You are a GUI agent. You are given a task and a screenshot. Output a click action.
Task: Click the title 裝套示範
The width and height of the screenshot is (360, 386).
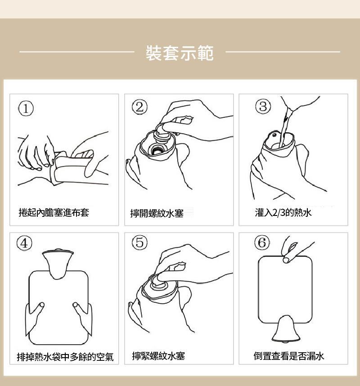[x=180, y=53]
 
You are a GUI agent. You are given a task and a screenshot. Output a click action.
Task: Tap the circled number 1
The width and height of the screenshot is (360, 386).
[x=26, y=108]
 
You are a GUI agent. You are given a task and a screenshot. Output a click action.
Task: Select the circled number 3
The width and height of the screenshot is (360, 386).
[x=263, y=107]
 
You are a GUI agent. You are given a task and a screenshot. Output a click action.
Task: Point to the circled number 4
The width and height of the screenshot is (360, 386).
[x=25, y=243]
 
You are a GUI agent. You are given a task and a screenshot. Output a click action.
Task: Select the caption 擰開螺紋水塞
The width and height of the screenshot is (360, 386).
[x=157, y=214]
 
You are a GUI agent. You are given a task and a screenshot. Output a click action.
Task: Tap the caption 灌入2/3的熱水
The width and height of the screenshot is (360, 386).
[x=283, y=212]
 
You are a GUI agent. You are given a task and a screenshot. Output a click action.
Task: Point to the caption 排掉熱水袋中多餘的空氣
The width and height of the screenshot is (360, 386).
[x=65, y=357]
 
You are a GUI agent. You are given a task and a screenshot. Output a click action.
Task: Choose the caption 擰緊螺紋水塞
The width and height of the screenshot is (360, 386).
[x=158, y=356]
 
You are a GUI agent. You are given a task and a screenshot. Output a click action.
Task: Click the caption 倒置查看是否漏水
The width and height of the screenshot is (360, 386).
[x=288, y=356]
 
